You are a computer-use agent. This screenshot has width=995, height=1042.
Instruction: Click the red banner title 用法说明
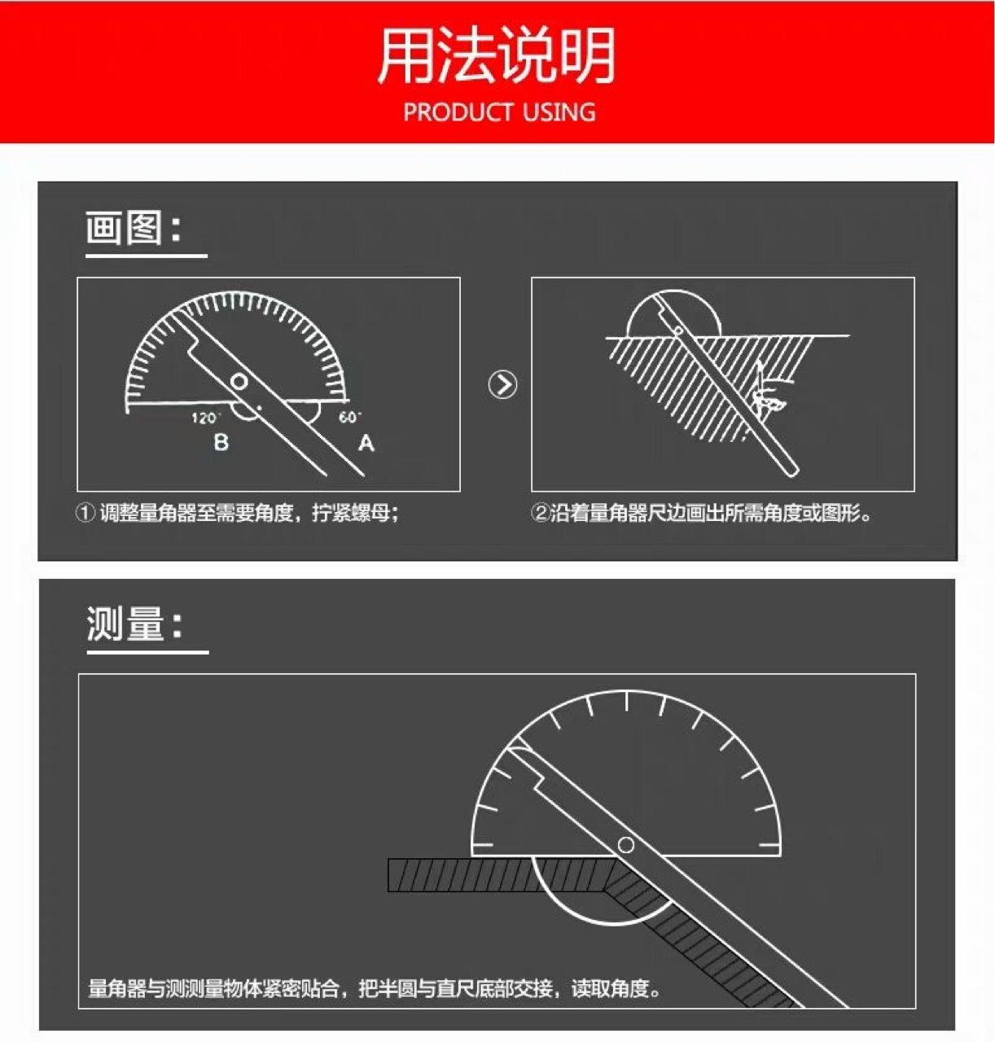click(x=497, y=55)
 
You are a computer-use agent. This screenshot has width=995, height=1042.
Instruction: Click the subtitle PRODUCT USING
click(x=499, y=112)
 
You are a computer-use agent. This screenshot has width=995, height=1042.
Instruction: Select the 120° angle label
click(x=205, y=418)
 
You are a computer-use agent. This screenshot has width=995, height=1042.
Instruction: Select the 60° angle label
click(x=349, y=417)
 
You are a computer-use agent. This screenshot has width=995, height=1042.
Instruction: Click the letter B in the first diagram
click(x=221, y=442)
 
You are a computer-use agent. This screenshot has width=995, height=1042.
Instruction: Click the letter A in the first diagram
click(x=366, y=443)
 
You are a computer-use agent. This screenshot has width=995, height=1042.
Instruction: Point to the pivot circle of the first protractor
click(x=239, y=382)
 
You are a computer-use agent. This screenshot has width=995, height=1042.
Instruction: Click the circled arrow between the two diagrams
click(x=503, y=384)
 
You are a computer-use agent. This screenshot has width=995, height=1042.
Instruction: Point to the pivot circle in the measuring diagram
click(x=625, y=845)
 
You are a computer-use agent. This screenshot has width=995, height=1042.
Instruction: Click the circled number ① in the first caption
click(x=85, y=513)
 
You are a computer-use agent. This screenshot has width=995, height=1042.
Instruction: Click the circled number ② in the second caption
click(x=540, y=513)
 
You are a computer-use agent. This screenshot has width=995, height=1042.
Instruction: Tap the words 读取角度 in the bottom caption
click(x=610, y=988)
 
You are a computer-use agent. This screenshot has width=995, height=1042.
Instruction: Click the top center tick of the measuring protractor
click(x=627, y=701)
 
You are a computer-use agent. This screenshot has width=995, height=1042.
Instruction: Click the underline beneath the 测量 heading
click(x=148, y=651)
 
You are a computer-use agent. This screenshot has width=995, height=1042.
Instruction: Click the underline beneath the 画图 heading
click(x=147, y=256)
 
